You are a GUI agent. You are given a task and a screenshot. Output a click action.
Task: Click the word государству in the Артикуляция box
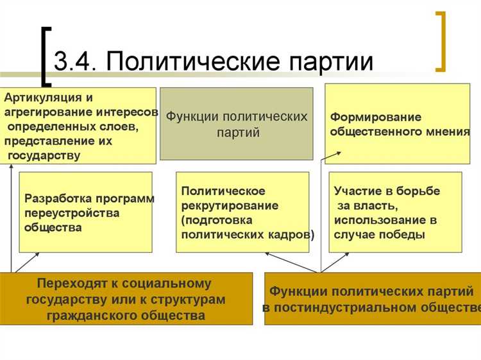click(x=44, y=155)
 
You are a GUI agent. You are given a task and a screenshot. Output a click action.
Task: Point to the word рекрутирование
click(x=230, y=206)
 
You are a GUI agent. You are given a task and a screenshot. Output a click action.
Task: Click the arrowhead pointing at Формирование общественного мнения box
click(x=339, y=154)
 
